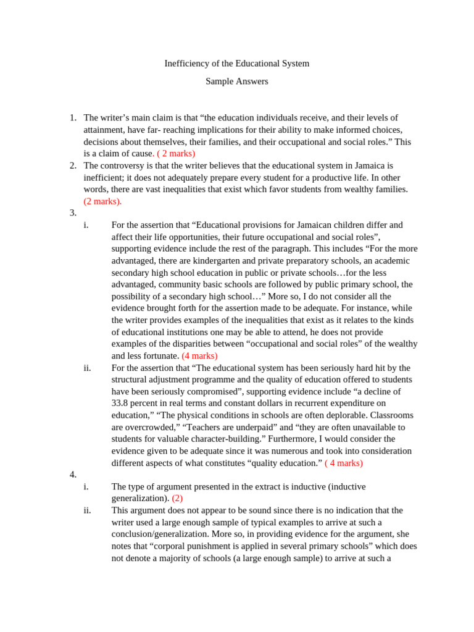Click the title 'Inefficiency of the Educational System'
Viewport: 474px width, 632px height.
237,64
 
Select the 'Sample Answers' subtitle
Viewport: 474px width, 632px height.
237,81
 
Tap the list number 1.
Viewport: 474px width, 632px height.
72,118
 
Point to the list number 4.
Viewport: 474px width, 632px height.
72,475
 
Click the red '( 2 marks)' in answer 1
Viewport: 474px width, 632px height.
176,153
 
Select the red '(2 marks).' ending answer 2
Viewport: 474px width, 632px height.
102,201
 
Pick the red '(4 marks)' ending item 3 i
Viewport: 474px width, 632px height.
199,356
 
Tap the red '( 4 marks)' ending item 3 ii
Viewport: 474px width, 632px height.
344,463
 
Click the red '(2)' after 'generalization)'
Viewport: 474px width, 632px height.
178,499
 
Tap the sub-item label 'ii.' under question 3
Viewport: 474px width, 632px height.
87,368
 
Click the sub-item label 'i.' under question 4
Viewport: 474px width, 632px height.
86,487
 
